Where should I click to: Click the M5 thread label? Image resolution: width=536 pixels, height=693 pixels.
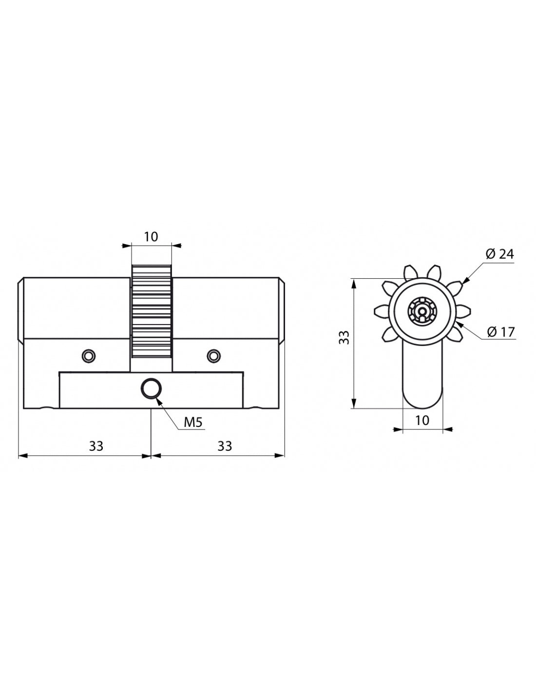click(192, 422)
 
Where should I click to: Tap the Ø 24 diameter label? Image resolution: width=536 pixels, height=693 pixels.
click(499, 254)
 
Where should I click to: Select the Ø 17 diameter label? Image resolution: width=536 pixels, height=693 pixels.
click(500, 332)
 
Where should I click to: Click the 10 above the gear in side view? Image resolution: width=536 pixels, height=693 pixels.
click(151, 237)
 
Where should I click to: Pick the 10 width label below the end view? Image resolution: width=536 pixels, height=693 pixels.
click(422, 420)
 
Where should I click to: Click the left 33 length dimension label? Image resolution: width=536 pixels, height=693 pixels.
click(96, 445)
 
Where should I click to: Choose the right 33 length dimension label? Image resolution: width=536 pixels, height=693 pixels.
click(225, 445)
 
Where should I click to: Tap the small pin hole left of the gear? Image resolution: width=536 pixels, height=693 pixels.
click(88, 356)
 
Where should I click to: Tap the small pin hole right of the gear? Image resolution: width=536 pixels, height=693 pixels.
click(213, 356)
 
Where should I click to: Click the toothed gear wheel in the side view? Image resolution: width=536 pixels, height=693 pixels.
click(151, 312)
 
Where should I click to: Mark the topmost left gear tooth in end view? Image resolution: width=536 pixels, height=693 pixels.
click(410, 271)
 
